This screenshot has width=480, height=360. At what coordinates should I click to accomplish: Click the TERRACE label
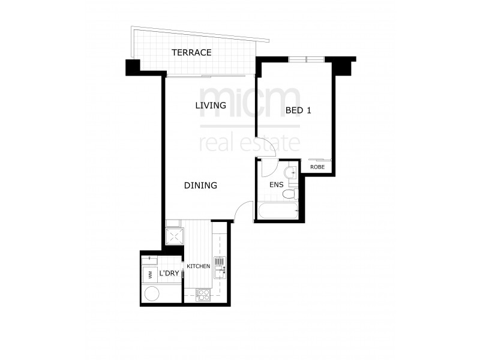tap(191, 52)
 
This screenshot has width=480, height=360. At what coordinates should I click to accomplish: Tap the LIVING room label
tap(210, 105)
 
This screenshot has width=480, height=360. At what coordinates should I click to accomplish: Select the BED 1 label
tap(301, 110)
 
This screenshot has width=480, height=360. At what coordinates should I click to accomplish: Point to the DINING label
tap(200, 185)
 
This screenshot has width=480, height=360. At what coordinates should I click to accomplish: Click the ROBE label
tap(317, 167)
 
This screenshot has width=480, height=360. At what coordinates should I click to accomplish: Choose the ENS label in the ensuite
tap(276, 185)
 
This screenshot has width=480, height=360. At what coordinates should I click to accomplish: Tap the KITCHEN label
tap(198, 266)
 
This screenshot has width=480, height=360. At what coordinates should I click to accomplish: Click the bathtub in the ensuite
tap(277, 211)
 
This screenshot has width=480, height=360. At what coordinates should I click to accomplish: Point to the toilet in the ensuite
tap(290, 194)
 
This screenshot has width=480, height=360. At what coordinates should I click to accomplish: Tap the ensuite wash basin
tap(292, 173)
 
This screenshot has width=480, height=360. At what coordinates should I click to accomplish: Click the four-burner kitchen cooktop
tap(203, 295)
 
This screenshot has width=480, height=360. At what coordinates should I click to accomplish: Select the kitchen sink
tap(220, 266)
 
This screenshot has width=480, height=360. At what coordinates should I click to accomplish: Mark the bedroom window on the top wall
tap(307, 59)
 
